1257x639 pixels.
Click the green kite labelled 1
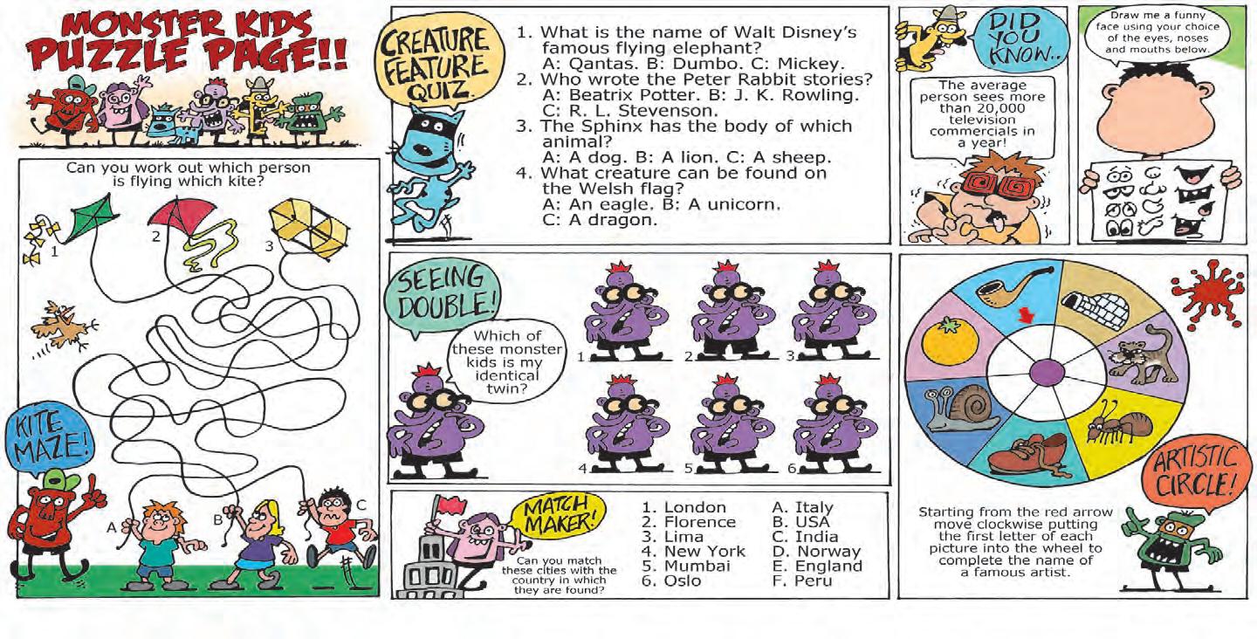(92, 218)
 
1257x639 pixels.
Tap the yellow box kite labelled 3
(308, 229)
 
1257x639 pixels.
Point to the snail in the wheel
(956, 409)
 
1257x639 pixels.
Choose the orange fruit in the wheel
(950, 343)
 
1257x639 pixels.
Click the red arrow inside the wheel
(1027, 315)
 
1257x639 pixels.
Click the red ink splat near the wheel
(1207, 294)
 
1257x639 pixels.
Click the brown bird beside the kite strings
(65, 327)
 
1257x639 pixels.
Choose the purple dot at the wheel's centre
(1047, 372)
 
